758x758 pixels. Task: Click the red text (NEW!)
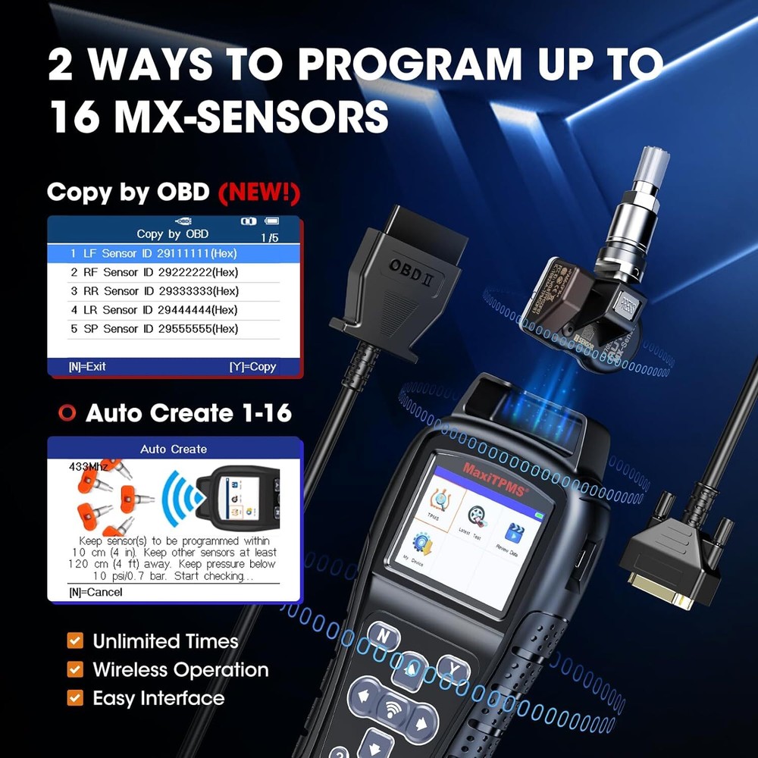click(259, 192)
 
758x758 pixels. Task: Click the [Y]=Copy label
click(252, 367)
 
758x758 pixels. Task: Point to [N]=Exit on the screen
click(87, 367)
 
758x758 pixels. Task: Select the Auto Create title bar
click(174, 449)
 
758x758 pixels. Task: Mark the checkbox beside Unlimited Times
click(75, 641)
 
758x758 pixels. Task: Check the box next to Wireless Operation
click(75, 669)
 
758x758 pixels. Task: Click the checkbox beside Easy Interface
click(75, 697)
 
